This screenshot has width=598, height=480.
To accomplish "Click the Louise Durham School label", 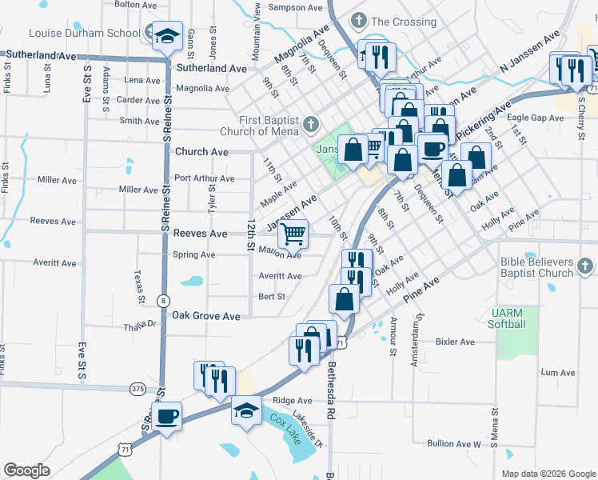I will [x=84, y=34].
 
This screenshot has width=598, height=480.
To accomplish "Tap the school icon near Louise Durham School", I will [x=167, y=35].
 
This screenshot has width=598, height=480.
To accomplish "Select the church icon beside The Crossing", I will [x=359, y=21].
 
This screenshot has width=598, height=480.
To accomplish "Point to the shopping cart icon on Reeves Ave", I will [x=293, y=234].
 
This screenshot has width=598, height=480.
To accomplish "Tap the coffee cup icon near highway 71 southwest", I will [x=167, y=417].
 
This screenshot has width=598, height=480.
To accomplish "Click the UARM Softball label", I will [x=507, y=318].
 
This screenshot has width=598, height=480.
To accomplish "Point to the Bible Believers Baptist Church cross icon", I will [x=585, y=266].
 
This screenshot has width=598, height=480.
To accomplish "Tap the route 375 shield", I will [x=137, y=389].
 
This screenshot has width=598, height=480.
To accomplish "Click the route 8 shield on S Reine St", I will [x=163, y=301].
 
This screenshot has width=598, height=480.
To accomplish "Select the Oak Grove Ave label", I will [x=206, y=317].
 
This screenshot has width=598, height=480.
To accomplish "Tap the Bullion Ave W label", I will [x=453, y=443].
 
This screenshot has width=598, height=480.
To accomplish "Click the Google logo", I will [x=26, y=470].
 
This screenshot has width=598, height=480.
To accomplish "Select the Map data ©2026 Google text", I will [x=548, y=474].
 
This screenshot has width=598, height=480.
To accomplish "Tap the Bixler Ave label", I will [x=455, y=342].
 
